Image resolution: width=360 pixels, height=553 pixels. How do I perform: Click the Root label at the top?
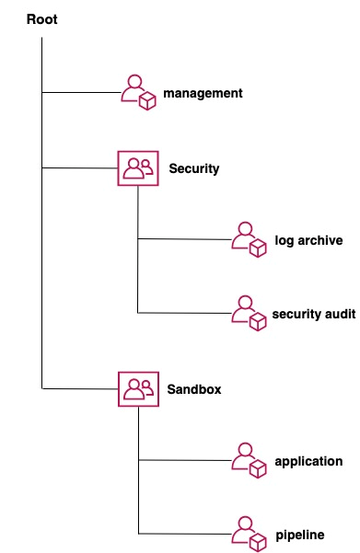[x=42, y=19]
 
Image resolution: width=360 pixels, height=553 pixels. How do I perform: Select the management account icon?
[x=138, y=93]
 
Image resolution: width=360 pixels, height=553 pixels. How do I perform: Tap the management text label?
[x=203, y=93]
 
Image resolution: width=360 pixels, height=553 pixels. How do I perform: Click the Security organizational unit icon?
[x=137, y=168]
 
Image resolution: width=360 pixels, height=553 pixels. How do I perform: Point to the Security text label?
[x=193, y=168]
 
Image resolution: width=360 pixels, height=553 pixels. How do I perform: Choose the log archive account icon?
[x=248, y=240]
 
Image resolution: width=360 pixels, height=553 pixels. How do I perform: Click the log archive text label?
[x=308, y=240]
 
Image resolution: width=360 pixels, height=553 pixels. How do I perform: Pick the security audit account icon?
[x=248, y=314]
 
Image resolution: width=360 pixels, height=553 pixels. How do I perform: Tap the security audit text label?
[x=314, y=314]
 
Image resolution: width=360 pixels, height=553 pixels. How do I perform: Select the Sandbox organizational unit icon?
[x=137, y=389]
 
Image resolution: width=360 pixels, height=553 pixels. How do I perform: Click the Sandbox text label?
[x=193, y=389]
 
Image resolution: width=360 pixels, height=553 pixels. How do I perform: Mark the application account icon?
[x=248, y=461]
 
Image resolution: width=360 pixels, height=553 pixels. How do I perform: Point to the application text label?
[x=308, y=461]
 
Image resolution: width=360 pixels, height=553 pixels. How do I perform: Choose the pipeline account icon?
[x=248, y=534]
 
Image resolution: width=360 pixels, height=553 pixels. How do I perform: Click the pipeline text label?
[x=299, y=535]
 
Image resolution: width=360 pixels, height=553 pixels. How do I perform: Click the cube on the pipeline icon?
[x=258, y=542]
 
